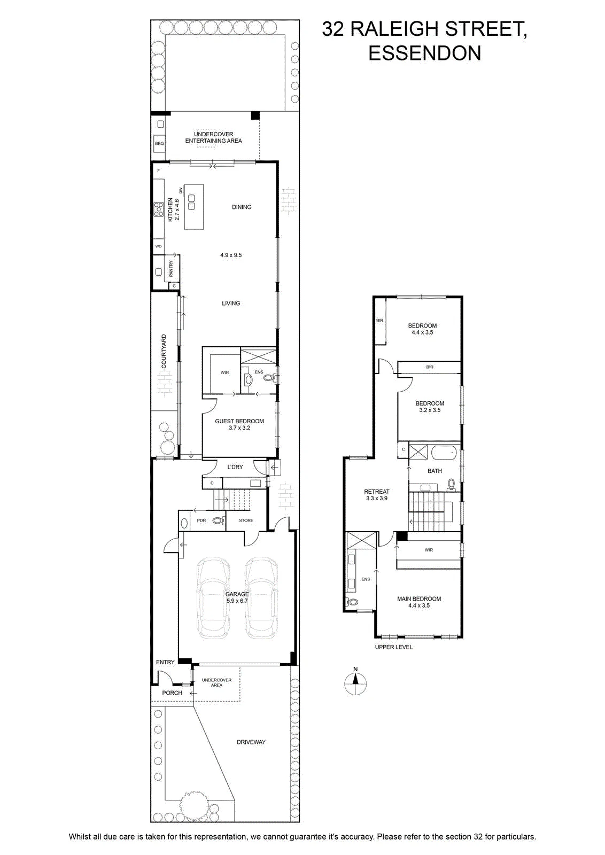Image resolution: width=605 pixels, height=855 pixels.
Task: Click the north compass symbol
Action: point(355,683)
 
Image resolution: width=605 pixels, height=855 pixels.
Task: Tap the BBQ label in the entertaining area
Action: point(159,144)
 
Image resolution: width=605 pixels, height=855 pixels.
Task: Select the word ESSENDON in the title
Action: point(424,53)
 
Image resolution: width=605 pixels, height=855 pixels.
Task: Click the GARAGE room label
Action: point(237,594)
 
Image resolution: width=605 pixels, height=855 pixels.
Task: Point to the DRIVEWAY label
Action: point(251,742)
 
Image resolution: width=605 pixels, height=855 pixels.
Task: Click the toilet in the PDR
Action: point(219,520)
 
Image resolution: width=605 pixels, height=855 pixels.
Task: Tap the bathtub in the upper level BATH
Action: point(444,454)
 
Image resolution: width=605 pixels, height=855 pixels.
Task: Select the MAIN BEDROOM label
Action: point(418,599)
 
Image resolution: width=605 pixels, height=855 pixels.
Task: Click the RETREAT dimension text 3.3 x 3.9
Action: point(376,498)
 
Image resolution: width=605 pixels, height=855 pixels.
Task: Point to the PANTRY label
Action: point(170,269)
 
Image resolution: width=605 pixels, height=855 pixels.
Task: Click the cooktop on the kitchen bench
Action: point(158,209)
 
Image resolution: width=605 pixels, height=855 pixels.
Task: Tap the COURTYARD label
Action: point(164,351)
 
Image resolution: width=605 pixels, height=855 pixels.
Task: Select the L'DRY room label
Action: point(235,467)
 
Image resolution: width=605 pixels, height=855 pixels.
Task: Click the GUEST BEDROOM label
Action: point(239,421)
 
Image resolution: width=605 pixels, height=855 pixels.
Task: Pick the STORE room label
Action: point(246,520)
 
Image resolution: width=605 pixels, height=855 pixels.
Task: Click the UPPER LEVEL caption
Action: point(393,647)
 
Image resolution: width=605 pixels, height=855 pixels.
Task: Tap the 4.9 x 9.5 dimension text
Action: point(230,255)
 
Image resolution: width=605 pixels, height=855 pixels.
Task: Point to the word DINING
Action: point(242,207)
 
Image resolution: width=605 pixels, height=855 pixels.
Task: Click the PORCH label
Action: point(172,693)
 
